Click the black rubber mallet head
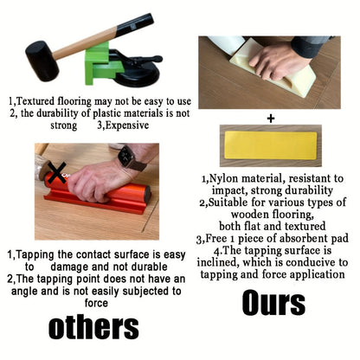[42, 61]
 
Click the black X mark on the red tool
[57, 172]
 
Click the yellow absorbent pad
[270, 145]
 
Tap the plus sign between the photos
[271, 119]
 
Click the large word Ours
[273, 303]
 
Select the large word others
[93, 327]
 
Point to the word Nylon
[224, 178]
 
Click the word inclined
[218, 262]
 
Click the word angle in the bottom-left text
[24, 292]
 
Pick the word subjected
[145, 292]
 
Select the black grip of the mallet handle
[134, 24]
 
